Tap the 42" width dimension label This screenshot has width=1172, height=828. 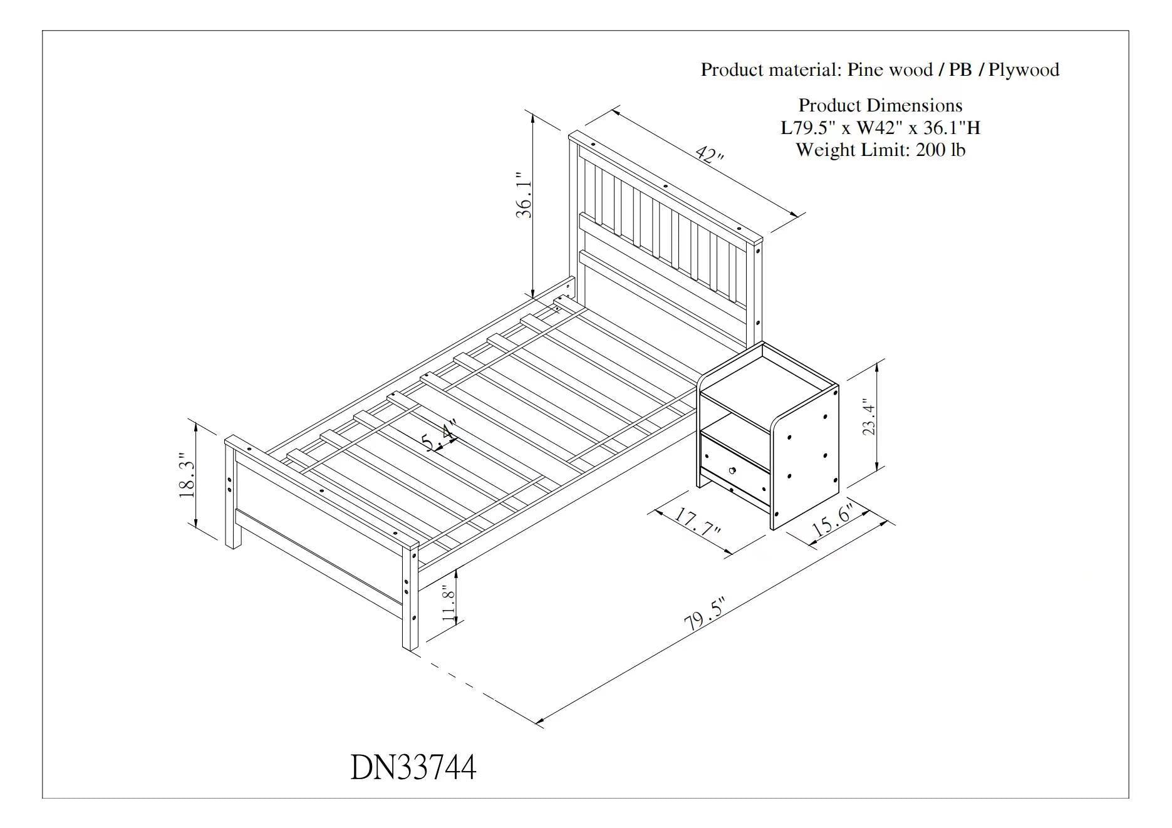(709, 155)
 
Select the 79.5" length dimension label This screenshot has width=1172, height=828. (704, 614)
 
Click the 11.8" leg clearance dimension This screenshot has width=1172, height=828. (447, 604)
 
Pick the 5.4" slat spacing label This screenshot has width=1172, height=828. (439, 436)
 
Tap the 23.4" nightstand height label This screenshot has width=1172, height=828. (869, 417)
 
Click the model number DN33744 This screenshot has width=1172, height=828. (413, 767)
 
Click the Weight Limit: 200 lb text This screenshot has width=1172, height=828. (880, 150)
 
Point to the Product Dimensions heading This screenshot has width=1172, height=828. (880, 105)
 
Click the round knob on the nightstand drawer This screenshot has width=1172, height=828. (732, 470)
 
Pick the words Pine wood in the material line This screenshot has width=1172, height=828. (889, 70)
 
